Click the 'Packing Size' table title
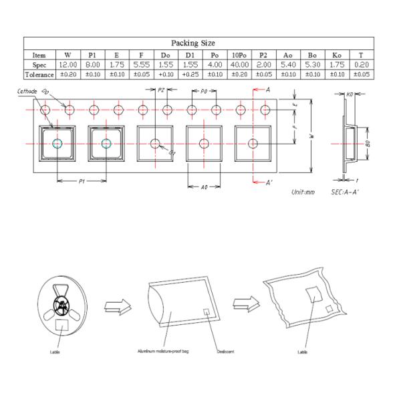[x=198, y=43]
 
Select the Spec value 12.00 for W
[x=68, y=65]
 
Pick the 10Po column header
[x=240, y=55]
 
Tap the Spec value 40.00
[x=240, y=65]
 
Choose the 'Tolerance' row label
[x=39, y=74]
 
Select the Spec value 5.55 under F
[x=141, y=65]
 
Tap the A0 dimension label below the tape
[x=204, y=187]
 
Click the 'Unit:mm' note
[x=303, y=192]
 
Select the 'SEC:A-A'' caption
[x=346, y=192]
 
